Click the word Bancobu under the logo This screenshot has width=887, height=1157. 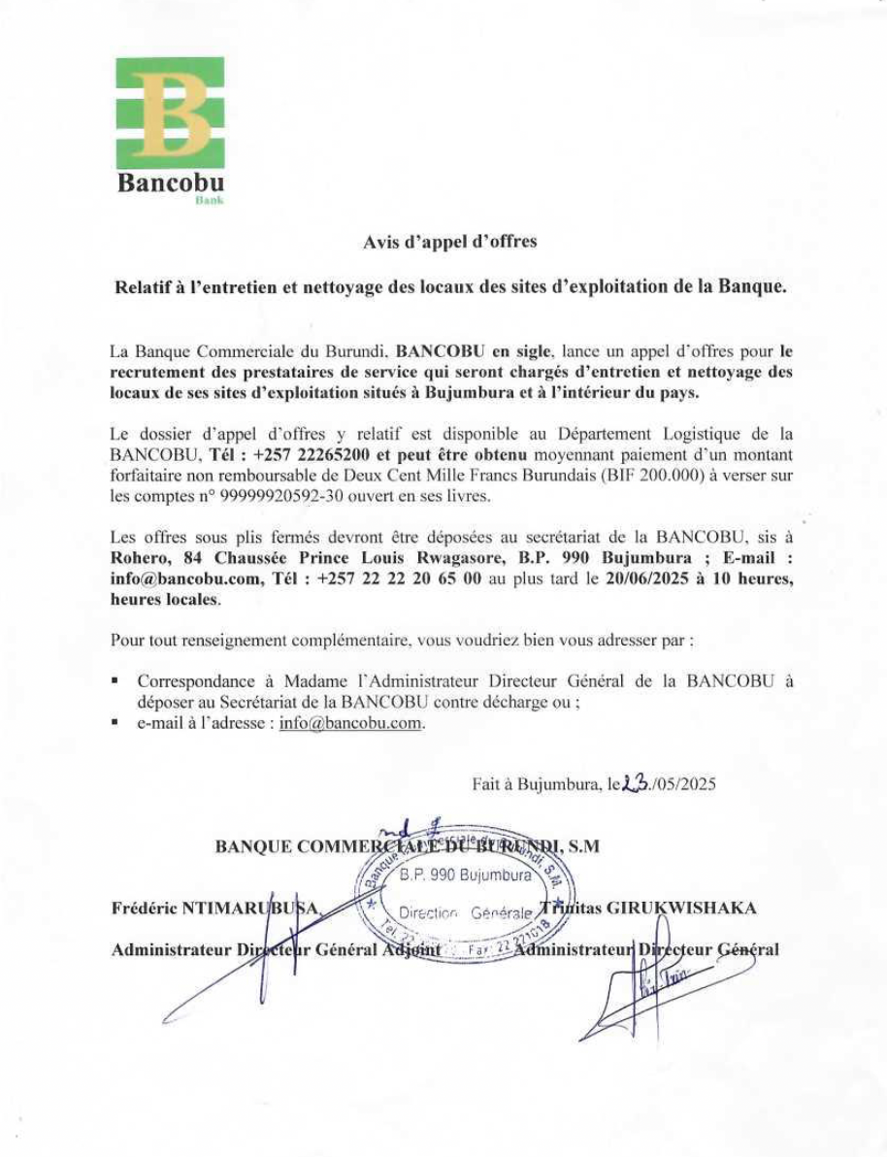tap(171, 183)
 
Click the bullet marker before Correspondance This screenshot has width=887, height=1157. tap(115, 681)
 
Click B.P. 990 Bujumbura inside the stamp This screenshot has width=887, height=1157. tap(466, 876)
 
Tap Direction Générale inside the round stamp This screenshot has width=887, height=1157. tap(465, 912)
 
